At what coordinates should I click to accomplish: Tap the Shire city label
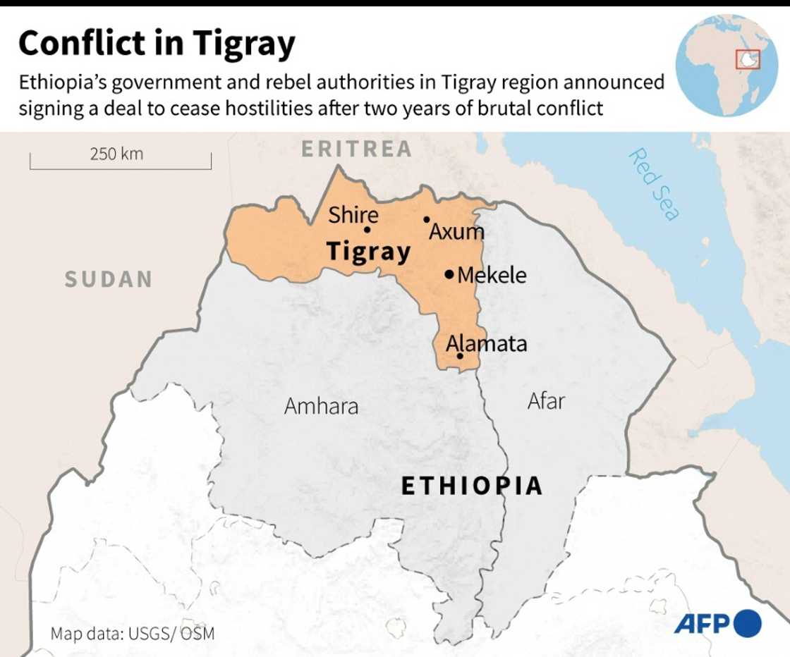pos(353,214)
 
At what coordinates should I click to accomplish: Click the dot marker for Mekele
pos(449,274)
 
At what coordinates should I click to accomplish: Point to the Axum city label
pos(457,231)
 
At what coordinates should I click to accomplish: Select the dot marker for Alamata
pos(460,356)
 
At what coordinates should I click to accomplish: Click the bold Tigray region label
pos(368,252)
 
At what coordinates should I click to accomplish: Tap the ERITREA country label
pos(356,149)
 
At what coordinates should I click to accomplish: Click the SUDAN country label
pos(109,279)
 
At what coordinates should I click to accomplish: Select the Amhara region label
pos(321,406)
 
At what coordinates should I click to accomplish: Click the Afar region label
pos(546,401)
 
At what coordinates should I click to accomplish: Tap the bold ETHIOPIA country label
pos(472,486)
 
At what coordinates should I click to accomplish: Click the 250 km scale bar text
pos(116,154)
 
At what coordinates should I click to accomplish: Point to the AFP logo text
pos(703,624)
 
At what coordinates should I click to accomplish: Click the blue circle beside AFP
pos(748,623)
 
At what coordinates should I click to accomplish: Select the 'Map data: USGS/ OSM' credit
pos(132,632)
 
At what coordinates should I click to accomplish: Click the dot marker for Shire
pos(367,229)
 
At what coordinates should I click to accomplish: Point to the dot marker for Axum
pos(426,219)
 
